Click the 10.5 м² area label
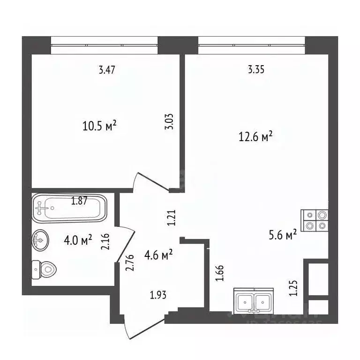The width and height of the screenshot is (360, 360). [99, 126]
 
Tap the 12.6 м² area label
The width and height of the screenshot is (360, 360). [255, 137]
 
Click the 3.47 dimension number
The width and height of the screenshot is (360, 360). [107, 70]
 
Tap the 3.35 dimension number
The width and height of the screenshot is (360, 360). [256, 70]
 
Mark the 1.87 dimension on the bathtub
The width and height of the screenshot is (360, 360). [80, 202]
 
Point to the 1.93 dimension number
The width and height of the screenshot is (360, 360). [158, 295]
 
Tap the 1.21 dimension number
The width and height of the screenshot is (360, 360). [172, 217]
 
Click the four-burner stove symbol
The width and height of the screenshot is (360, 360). [315, 220]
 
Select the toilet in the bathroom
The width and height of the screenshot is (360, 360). [45, 270]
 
